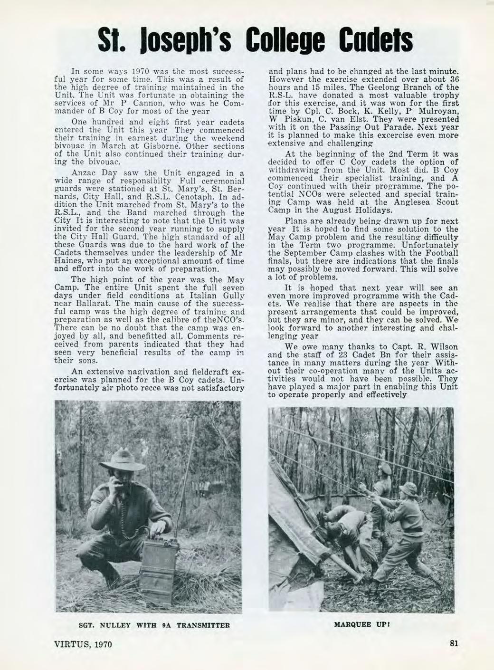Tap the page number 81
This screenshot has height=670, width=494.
coord(453,644)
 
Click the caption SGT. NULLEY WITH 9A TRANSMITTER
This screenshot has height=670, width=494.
coord(148,624)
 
